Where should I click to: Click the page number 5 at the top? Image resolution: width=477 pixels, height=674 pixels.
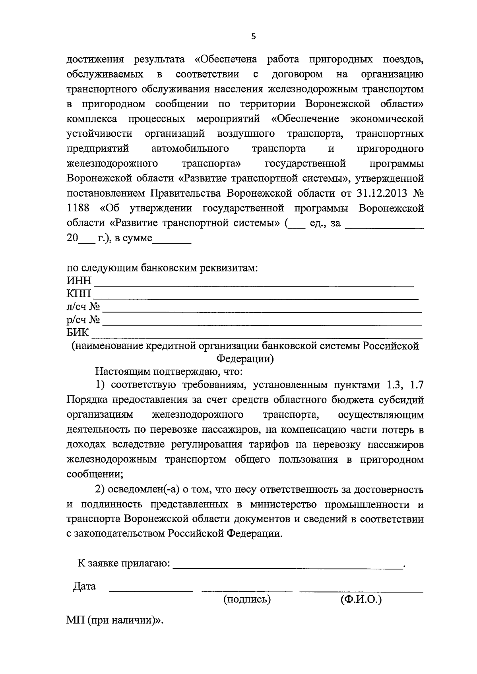254,37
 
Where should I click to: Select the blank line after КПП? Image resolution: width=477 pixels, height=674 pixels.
255,297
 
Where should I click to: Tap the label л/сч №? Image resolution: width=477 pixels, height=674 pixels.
83,307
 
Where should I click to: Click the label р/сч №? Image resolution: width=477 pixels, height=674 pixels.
83,320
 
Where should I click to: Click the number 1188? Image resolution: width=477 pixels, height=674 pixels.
78,208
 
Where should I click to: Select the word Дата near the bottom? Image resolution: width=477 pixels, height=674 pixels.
84,586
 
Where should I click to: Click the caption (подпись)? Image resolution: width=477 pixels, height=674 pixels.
247,599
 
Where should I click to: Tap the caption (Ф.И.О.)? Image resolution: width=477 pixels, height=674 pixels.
361,599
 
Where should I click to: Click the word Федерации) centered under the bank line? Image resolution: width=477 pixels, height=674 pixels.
245,359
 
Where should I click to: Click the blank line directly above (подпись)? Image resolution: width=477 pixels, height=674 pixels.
247,591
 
